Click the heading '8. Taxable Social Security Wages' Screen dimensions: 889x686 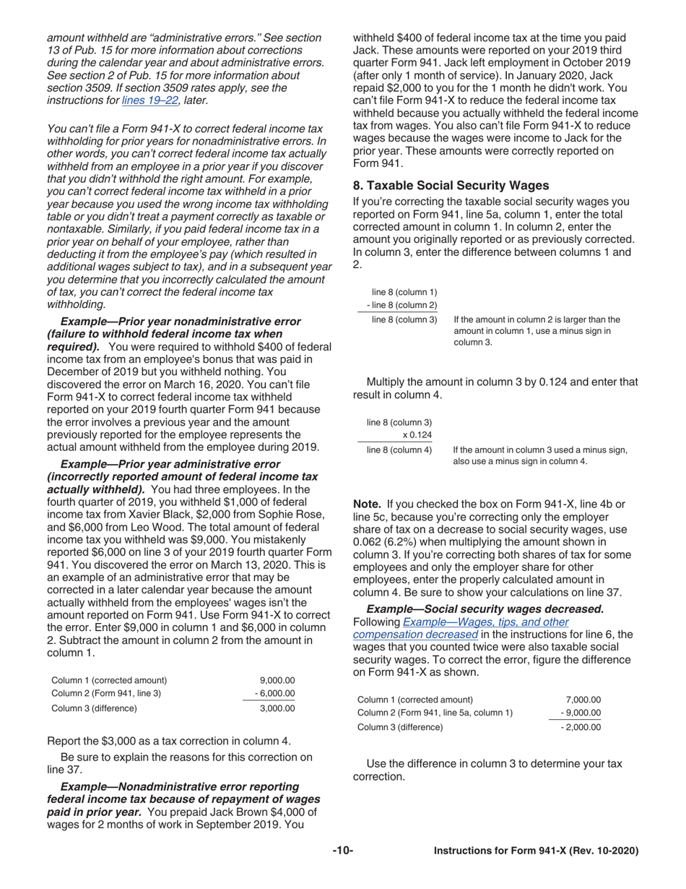pos(451,185)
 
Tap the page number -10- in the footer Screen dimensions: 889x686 pos(342,851)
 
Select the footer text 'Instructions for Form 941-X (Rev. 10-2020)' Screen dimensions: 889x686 pos(535,851)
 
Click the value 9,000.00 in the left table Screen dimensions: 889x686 pos(277,680)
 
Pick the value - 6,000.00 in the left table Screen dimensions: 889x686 pos(274,694)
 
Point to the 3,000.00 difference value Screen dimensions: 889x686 pos(277,708)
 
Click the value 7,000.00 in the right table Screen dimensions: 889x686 pos(583,699)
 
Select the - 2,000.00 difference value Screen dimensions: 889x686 pos(580,727)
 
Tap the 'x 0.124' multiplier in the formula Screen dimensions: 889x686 pos(417,435)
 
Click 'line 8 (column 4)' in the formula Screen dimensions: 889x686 pos(399,450)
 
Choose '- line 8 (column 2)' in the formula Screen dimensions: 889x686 pos(401,305)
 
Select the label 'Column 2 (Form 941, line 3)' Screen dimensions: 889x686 pos(106,694)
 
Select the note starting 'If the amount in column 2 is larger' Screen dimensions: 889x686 pos(537,330)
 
